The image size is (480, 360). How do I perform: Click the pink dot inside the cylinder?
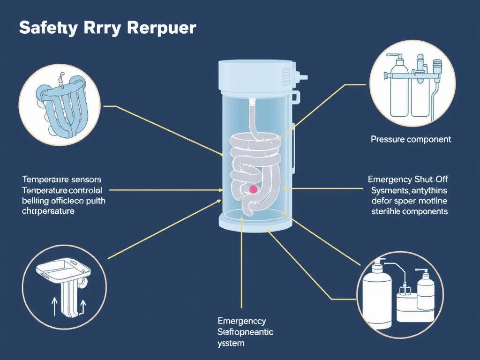point(253,189)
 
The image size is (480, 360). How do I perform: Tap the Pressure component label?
point(411,139)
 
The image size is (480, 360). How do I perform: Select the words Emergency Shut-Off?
point(407,179)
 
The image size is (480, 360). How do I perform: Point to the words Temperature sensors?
point(61,179)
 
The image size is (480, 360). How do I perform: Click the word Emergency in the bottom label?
point(241,321)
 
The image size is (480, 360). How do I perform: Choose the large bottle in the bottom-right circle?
point(377,295)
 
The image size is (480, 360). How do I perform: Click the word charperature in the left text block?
point(48,211)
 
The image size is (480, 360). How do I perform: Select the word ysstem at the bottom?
point(232,343)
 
